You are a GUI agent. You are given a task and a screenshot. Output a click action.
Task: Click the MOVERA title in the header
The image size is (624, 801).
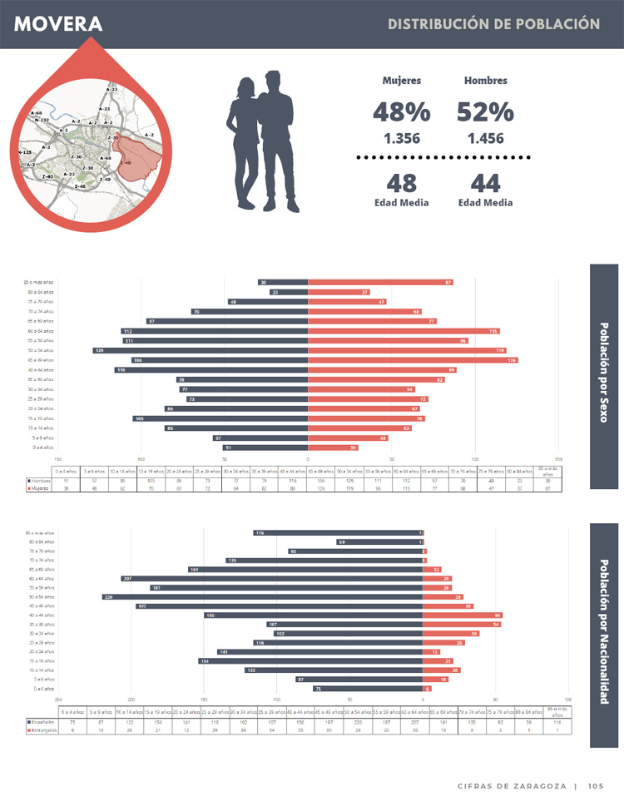coord(58,25)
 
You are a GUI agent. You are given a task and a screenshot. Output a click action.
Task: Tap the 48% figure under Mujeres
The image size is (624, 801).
coord(401,111)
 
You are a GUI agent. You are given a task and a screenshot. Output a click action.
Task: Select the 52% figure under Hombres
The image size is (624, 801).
coord(485,111)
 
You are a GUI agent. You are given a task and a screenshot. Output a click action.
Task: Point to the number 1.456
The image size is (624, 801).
coord(485,139)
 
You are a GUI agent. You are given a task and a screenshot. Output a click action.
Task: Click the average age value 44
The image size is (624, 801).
coord(485,182)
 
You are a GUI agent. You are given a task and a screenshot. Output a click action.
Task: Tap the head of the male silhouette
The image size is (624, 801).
coord(274,82)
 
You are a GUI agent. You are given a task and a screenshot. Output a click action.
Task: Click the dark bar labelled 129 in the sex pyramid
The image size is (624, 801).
coord(200,350)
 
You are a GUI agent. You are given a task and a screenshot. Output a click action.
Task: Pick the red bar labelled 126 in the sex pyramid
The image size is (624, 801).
coord(413,360)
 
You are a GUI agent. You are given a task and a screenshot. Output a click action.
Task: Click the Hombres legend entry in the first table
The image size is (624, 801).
coord(40,480)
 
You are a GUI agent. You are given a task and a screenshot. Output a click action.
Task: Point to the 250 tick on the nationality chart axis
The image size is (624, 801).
coord(58,700)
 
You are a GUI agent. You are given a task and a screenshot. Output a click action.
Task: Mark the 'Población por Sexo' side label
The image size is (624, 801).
coord(604,373)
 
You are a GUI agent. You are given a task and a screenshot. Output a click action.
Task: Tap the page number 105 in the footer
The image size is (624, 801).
coord(595,786)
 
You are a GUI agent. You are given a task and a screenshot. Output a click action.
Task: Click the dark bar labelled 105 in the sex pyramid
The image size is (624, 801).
coord(220,418)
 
